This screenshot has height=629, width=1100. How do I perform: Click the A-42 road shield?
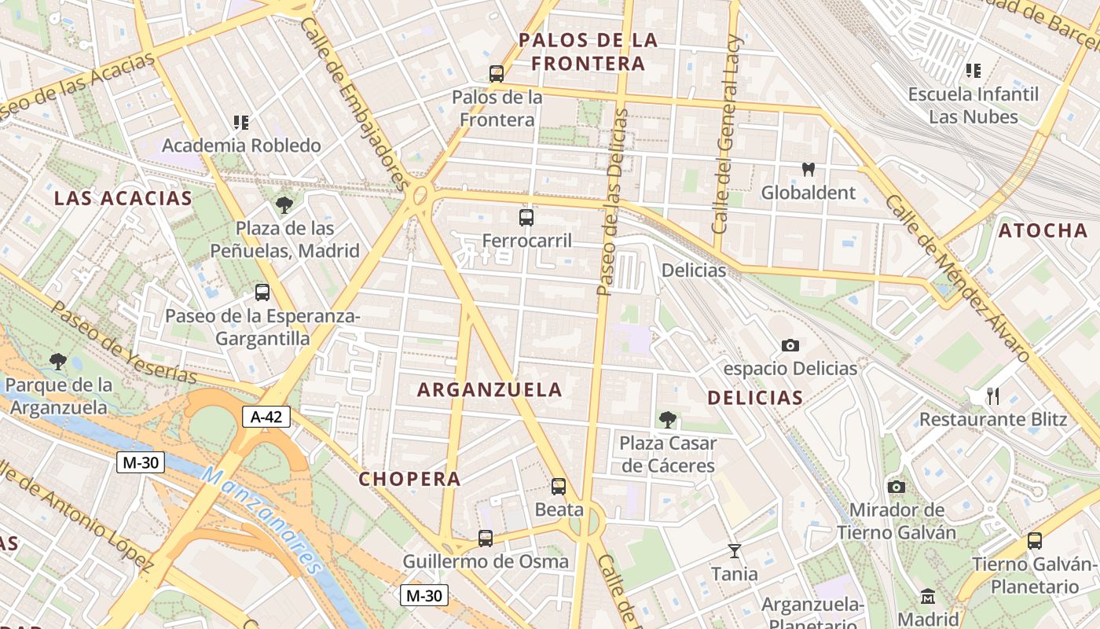(266, 417)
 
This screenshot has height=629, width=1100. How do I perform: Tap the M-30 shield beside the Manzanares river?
(141, 462)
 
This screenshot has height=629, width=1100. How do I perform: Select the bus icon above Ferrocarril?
(526, 218)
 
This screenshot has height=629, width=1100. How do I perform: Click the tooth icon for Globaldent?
(808, 169)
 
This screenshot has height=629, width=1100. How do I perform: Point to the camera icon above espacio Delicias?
(790, 345)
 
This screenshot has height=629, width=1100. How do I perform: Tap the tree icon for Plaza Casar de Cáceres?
(667, 420)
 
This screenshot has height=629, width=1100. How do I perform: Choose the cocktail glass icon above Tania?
(735, 550)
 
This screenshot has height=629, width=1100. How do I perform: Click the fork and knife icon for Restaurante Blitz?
(993, 395)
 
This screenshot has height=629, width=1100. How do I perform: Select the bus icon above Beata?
(559, 487)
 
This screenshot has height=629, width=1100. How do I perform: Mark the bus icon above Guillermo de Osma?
(486, 539)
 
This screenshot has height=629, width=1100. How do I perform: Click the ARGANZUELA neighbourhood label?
(489, 390)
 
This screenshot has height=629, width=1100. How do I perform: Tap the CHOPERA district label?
(409, 479)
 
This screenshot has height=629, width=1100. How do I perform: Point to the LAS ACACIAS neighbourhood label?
(123, 198)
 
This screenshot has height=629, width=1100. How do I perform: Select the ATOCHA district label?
(1043, 230)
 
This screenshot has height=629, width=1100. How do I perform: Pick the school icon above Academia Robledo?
(241, 123)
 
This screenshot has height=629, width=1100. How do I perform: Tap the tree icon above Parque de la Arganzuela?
(57, 362)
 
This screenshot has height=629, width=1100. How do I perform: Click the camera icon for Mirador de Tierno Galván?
(896, 487)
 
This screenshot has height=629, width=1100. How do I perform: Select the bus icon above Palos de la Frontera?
(497, 74)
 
